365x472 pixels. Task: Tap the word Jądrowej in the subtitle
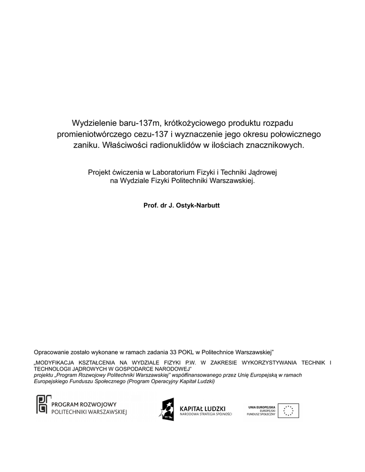[x=262, y=172]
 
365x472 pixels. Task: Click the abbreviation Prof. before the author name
[x=151, y=205]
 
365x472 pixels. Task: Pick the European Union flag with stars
[x=288, y=411]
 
